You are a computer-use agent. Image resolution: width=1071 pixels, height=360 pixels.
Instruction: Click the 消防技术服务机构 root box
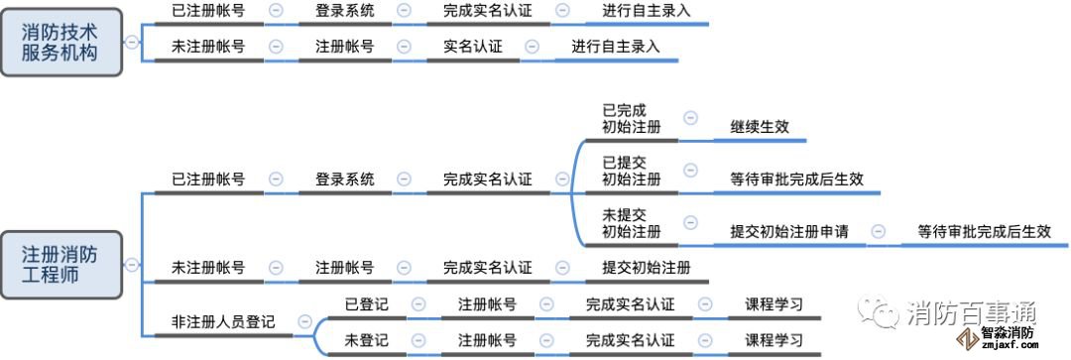pos(60,43)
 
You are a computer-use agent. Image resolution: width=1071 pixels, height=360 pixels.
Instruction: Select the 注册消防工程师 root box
pos(60,265)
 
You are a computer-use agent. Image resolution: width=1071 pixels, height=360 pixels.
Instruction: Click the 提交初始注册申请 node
pos(789,232)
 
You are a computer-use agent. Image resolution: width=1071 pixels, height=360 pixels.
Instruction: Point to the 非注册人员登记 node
pos(223,321)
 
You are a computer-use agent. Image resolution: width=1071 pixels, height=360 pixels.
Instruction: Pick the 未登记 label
pos(366,339)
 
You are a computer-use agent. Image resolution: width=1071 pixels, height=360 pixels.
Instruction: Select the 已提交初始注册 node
pos(631,171)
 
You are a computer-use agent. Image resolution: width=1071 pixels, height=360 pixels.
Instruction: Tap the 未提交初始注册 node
pos(631,223)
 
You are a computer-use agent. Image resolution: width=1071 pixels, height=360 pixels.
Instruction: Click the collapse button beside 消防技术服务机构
pos(132,43)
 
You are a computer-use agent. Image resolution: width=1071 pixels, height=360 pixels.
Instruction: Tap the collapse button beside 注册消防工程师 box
pos(132,265)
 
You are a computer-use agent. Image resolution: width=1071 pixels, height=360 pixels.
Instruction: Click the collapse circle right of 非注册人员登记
pos(304,321)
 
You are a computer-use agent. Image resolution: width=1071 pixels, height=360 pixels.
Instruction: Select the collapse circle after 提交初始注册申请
pos(878,232)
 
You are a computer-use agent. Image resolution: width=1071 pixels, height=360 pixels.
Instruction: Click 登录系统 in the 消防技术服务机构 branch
pos(345,11)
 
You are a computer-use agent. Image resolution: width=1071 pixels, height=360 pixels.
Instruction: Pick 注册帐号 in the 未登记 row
pos(487,339)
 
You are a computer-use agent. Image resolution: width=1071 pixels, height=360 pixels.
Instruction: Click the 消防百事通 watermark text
pos(971,313)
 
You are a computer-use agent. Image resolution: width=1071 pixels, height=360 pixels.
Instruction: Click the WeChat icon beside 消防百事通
pos(879,311)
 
